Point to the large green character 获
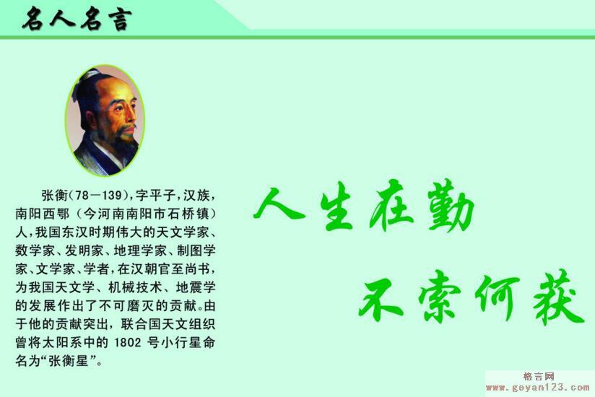[x=557, y=297]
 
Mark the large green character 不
[x=381, y=297]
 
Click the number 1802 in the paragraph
[x=128, y=343]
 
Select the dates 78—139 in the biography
[x=98, y=196]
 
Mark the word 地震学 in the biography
[x=195, y=287]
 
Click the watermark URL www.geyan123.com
[x=538, y=388]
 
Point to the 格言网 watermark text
[x=539, y=377]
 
